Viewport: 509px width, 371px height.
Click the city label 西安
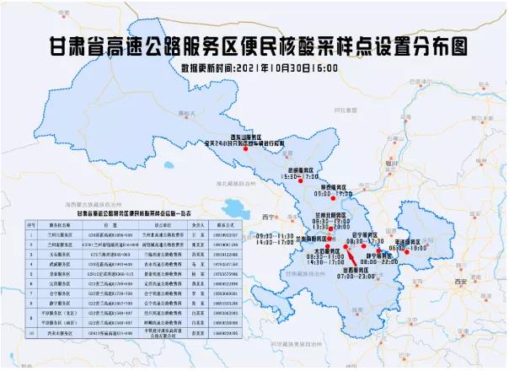(x=483, y=279)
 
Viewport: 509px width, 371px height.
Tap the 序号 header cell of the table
(x=30, y=225)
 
